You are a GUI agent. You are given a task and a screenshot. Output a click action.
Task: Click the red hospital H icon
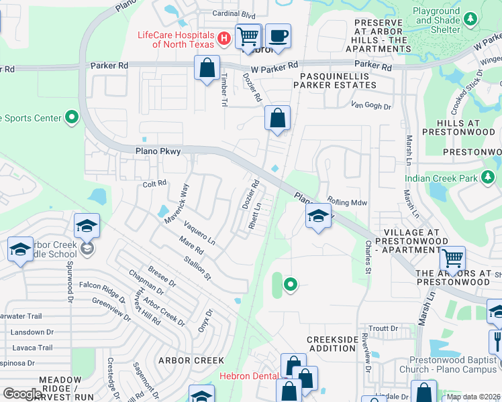coord(225,40)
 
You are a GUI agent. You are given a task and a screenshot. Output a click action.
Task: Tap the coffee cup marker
coord(278,36)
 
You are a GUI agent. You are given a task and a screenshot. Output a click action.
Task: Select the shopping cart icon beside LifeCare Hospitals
coord(248,36)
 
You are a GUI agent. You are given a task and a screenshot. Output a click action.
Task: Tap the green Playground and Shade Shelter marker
coord(470,18)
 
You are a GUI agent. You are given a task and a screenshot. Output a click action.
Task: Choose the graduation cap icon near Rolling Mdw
coord(318,216)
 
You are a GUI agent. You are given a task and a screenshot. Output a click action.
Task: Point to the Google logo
coord(23,394)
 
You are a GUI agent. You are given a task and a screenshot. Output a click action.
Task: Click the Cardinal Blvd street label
coord(234,14)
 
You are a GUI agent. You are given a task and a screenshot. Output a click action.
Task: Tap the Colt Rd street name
coord(154,184)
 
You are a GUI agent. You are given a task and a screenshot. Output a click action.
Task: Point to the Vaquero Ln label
coord(199,233)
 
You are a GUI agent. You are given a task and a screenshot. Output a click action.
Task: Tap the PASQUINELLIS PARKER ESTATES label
coord(334,81)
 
